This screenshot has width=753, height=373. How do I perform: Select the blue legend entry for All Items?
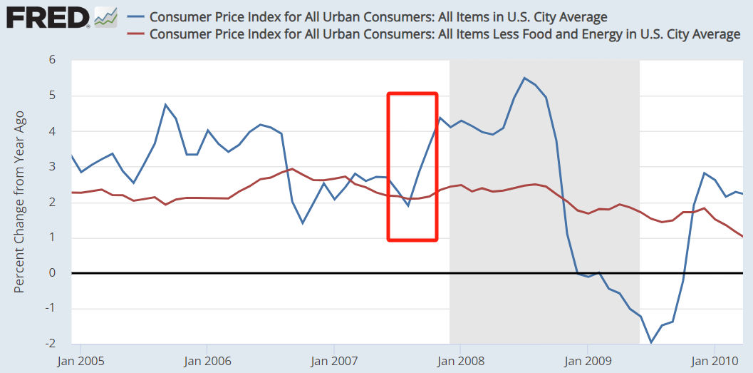(x=378, y=16)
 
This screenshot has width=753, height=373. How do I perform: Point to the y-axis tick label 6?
(x=52, y=60)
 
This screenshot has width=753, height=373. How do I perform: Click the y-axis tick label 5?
(x=52, y=96)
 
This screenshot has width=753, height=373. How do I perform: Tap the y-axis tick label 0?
(x=52, y=273)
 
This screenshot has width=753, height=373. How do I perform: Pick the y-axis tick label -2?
(x=50, y=344)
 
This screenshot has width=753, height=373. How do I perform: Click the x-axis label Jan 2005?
(x=80, y=361)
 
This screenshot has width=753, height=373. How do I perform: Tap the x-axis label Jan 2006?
(x=207, y=361)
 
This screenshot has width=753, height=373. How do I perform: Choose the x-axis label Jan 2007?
(x=334, y=361)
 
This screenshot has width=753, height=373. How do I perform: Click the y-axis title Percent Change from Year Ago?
(x=19, y=201)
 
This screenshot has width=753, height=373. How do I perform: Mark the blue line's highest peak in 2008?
(x=524, y=78)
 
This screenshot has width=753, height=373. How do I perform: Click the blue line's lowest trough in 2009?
(x=651, y=342)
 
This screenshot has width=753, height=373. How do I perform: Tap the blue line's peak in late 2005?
(x=165, y=105)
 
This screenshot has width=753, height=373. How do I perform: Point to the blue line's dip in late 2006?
(x=303, y=223)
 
